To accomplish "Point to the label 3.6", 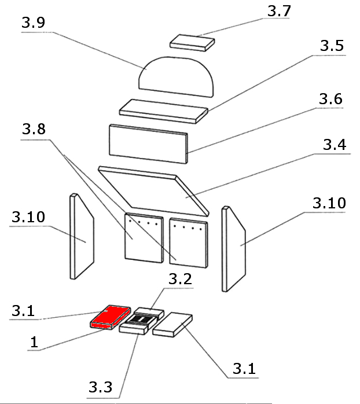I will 330,99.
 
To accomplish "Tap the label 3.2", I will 181,280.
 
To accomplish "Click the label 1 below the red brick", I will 34,342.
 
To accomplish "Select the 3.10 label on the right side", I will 329,204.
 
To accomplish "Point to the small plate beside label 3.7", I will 192,42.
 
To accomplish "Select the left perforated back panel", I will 142,237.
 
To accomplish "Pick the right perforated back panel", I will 188,242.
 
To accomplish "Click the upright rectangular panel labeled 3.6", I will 149,142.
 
